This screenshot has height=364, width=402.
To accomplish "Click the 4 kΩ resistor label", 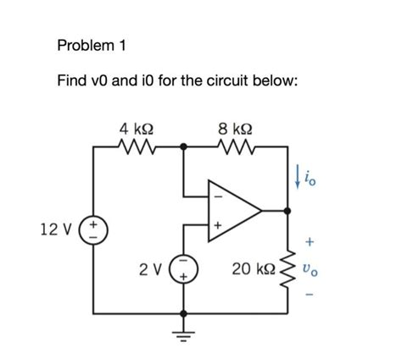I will (137, 130).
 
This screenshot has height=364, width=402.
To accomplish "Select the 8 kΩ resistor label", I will (235, 130).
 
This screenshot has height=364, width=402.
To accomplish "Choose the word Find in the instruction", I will (73, 81).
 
